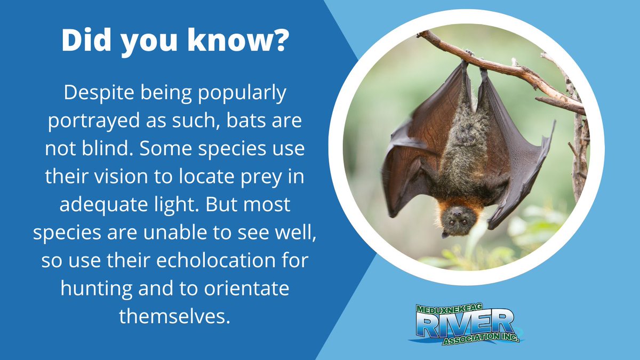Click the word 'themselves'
[x=174, y=317]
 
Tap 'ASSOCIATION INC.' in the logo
[x=480, y=338]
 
